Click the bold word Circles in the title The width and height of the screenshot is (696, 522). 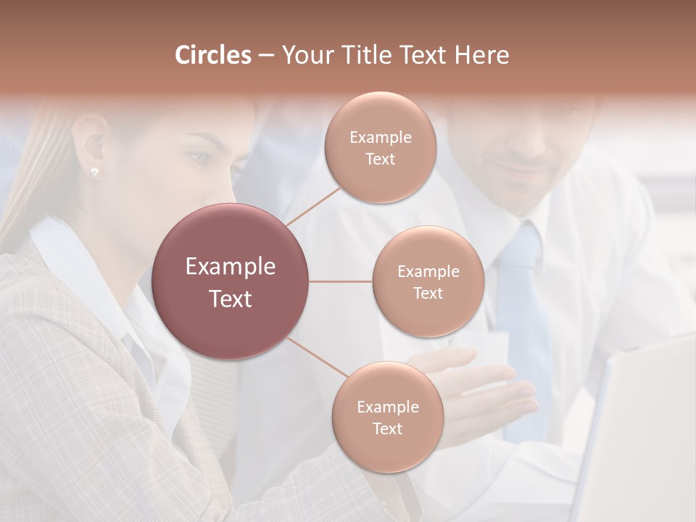(x=213, y=55)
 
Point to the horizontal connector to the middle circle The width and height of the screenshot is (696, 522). (x=340, y=281)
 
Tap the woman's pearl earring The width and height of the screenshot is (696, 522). (x=94, y=171)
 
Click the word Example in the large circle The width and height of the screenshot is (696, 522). (x=231, y=267)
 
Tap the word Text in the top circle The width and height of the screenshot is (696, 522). (x=381, y=159)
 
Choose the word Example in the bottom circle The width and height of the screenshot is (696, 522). (x=387, y=407)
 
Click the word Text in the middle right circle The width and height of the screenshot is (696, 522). (x=428, y=293)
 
